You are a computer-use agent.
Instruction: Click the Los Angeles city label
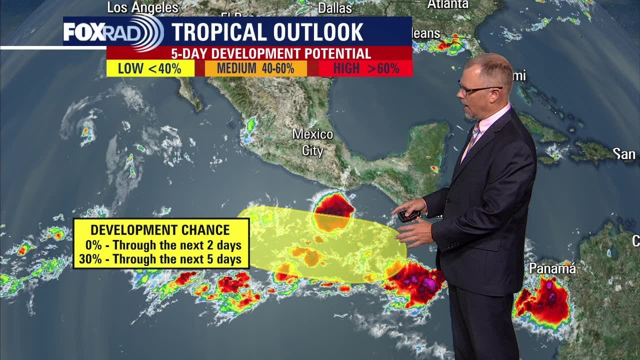143,7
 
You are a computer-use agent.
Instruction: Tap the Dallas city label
335,8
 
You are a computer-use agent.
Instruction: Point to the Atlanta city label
447,4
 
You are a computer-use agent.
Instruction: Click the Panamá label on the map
552,268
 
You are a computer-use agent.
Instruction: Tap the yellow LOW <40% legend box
150,68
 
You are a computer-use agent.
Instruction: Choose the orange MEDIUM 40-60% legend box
256,68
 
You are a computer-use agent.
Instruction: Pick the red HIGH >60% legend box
366,68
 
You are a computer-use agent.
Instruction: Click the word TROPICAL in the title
218,32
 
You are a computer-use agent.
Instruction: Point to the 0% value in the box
92,245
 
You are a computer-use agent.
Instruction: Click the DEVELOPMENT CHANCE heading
160,230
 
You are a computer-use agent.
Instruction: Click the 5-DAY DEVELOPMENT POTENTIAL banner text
271,53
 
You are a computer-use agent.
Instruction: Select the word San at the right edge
624,154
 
